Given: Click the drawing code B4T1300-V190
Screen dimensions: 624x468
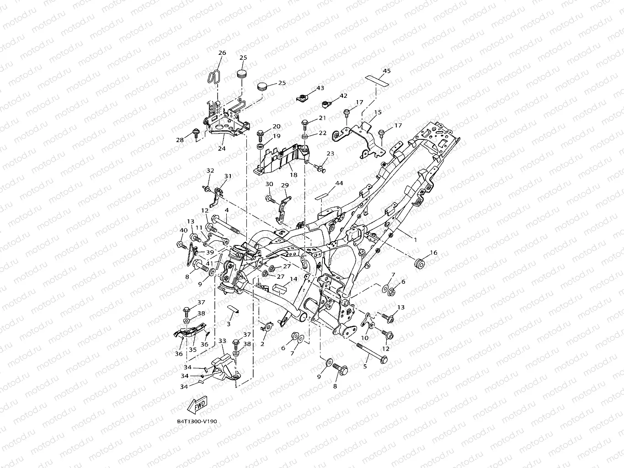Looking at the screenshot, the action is tap(197, 421).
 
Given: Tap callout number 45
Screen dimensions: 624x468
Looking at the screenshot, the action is tap(387, 71).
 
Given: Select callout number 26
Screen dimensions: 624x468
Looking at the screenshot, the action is tap(222, 53).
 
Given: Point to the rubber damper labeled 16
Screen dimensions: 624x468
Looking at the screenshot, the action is tap(420, 263).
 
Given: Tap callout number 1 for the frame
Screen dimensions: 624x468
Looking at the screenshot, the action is tap(416, 240).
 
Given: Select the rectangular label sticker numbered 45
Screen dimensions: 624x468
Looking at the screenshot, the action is tap(377, 80).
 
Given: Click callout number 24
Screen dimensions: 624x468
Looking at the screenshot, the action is tap(221, 149).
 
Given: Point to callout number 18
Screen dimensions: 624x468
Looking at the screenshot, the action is tap(293, 175).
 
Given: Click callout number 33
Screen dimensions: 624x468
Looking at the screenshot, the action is tap(222, 340).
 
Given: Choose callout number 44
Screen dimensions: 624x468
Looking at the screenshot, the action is tap(339, 183).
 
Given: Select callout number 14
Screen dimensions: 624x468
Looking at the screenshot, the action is tap(293, 279).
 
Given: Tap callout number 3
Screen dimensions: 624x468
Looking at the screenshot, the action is tap(228, 324).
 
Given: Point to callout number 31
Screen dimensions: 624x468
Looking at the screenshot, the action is tap(228, 176).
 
